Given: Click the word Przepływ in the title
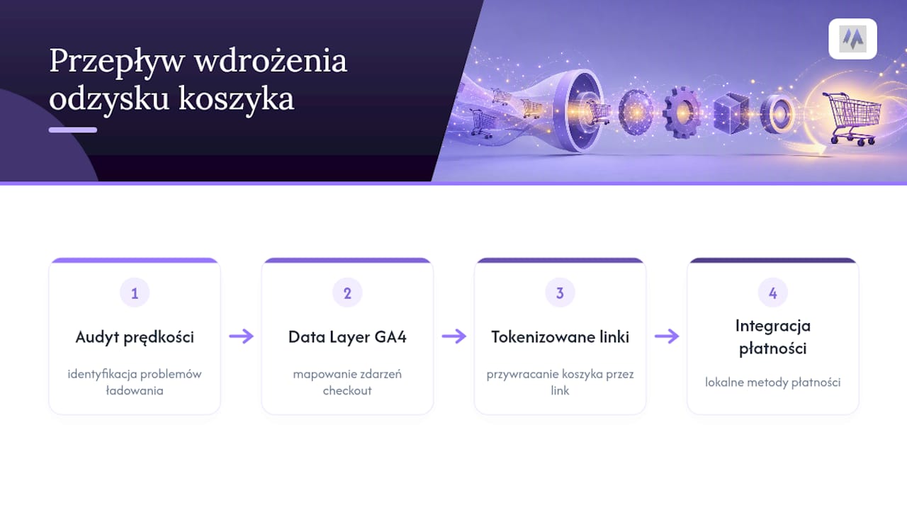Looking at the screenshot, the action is pos(118,61).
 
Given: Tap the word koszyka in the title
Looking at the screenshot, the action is pos(236,98).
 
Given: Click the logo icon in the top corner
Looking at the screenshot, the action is pos(852,39).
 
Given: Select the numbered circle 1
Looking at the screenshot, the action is pos(135,293).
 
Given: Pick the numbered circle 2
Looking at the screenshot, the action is pos(347,293).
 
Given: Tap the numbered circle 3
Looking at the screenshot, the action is pos(560,293).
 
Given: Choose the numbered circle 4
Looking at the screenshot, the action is pos(773,293).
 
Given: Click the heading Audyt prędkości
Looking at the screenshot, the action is pos(135,337).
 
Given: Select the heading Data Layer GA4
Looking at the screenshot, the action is pos(347,336).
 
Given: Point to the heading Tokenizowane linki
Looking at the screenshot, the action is pos(560,336).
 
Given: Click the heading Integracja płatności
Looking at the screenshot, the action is pos(773,336).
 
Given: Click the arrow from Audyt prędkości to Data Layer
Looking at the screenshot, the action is pos(242,336).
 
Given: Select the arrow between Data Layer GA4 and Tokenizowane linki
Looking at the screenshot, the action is pos(454,336).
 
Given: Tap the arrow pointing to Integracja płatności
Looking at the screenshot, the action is pos(667,336).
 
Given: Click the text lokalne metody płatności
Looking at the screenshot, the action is pos(773,382).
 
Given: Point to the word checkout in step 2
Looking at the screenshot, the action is pos(347,390).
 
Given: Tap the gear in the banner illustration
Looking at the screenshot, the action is pos(682,113).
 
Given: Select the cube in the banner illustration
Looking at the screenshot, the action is pos(731,114).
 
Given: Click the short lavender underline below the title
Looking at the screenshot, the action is pos(73,130).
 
